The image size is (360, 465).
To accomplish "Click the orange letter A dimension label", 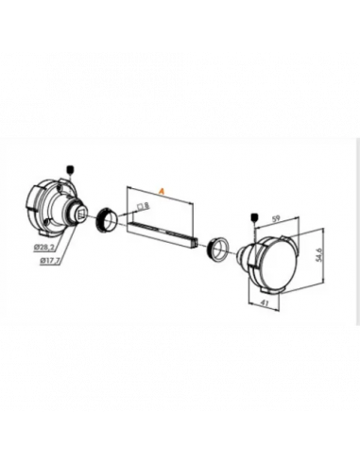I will click(163, 191).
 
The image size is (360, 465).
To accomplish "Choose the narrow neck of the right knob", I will click(243, 253).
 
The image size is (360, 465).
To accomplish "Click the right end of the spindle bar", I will click(196, 239).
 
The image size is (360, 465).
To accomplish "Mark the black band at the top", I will click(180, 95).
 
